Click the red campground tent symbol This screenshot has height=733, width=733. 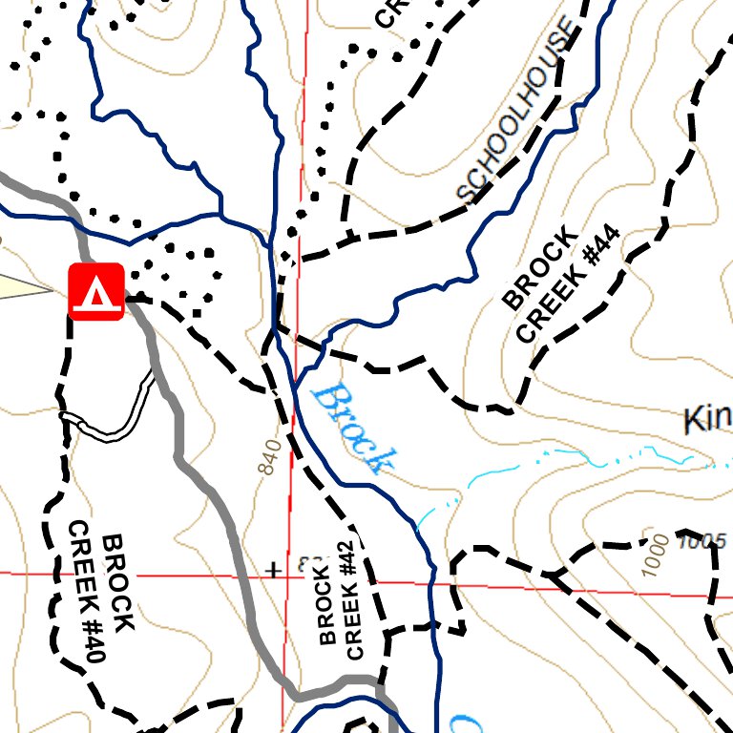96,291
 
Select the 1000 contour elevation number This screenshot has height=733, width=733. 657,555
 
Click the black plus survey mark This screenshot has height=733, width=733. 274,571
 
